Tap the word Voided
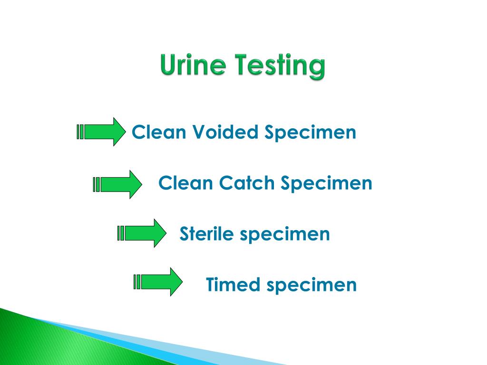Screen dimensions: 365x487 226,132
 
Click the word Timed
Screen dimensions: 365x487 233,285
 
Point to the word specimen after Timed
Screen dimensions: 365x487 312,286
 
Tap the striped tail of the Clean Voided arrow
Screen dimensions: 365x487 80,132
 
